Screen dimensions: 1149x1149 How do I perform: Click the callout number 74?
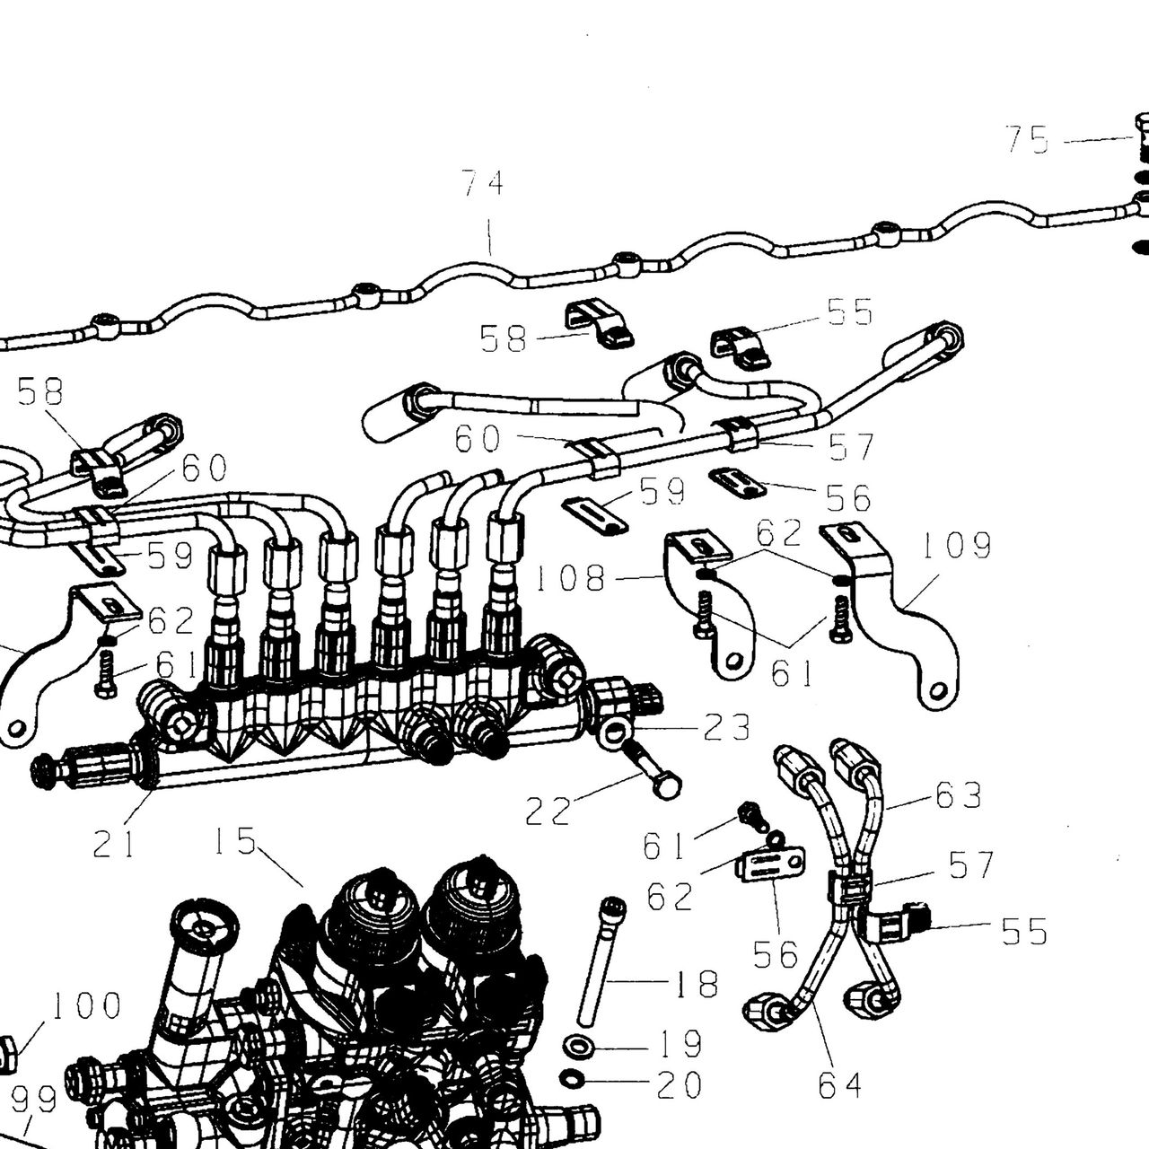483,183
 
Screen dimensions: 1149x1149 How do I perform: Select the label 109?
957,545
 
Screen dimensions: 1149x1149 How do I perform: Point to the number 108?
571,578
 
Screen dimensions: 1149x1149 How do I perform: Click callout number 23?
726,728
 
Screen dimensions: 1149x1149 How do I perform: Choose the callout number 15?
235,841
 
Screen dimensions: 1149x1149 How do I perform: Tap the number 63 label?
958,794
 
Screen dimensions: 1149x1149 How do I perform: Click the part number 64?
839,1085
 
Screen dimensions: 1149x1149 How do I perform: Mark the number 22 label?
548,811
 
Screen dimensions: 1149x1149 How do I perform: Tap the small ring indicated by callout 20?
573,1095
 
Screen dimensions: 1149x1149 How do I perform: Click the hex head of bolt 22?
668,788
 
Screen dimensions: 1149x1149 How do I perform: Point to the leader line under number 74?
490,237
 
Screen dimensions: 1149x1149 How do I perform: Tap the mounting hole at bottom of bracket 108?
735,660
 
